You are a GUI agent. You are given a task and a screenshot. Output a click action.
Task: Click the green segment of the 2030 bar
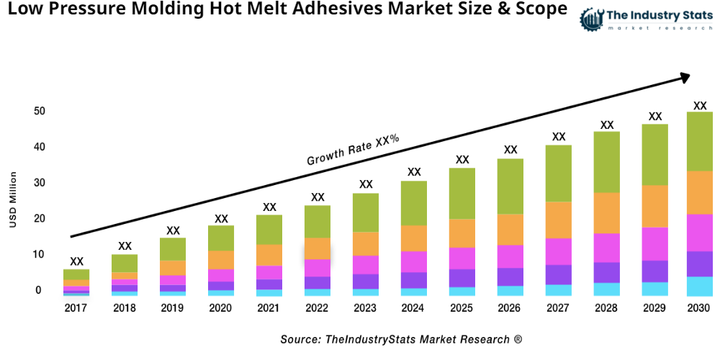coord(698,141)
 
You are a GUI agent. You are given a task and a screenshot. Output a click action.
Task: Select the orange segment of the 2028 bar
coord(607,212)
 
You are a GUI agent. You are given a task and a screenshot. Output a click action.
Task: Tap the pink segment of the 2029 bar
coord(654,243)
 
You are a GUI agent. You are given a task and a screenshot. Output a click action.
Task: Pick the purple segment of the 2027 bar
coord(559,274)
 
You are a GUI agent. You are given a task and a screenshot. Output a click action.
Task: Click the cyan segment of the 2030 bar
coord(698,286)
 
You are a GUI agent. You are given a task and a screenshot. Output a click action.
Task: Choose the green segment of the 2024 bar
coord(414,203)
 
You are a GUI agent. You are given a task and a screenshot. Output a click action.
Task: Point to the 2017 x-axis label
coord(76,308)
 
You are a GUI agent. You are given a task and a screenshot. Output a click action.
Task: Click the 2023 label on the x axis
coord(366,308)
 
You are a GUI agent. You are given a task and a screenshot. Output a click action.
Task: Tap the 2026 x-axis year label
coord(510,308)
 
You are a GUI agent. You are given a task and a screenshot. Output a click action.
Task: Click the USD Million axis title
coord(12,199)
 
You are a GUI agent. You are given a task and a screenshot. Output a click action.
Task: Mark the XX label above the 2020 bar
coord(221,218)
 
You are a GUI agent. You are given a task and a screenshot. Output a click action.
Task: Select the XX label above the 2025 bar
coord(462,159)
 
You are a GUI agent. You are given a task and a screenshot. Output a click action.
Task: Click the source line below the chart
coord(401,338)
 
